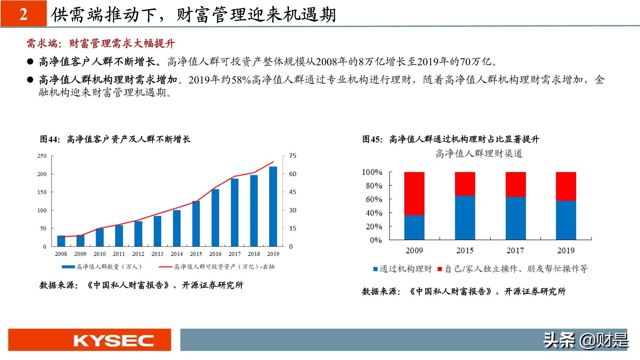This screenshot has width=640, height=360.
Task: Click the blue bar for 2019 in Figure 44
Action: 273,206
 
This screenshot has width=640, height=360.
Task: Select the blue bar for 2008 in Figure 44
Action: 61,241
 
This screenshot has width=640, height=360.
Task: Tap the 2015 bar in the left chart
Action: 196,224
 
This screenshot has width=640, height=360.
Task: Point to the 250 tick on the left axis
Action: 42,156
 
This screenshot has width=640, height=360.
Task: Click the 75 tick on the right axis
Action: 292,156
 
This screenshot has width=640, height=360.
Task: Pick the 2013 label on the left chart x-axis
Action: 157,254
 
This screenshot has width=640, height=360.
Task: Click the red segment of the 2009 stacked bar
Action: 414,194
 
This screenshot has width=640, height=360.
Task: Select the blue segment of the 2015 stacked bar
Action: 465,218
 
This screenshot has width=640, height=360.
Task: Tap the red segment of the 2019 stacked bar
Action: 566,186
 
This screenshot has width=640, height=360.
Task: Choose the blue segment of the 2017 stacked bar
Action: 515,218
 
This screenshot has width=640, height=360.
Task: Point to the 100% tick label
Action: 372,172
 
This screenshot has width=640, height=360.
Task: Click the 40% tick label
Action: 374,213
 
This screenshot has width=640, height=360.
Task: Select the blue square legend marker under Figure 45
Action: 375,269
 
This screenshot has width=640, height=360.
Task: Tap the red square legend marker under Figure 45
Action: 440,269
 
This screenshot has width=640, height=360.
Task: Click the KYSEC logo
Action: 113,340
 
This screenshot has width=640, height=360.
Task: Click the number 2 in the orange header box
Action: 23,14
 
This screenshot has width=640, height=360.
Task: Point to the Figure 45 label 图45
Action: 372,139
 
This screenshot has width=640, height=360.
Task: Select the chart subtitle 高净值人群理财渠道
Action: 479,154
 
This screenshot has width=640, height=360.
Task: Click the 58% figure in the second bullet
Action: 241,80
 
